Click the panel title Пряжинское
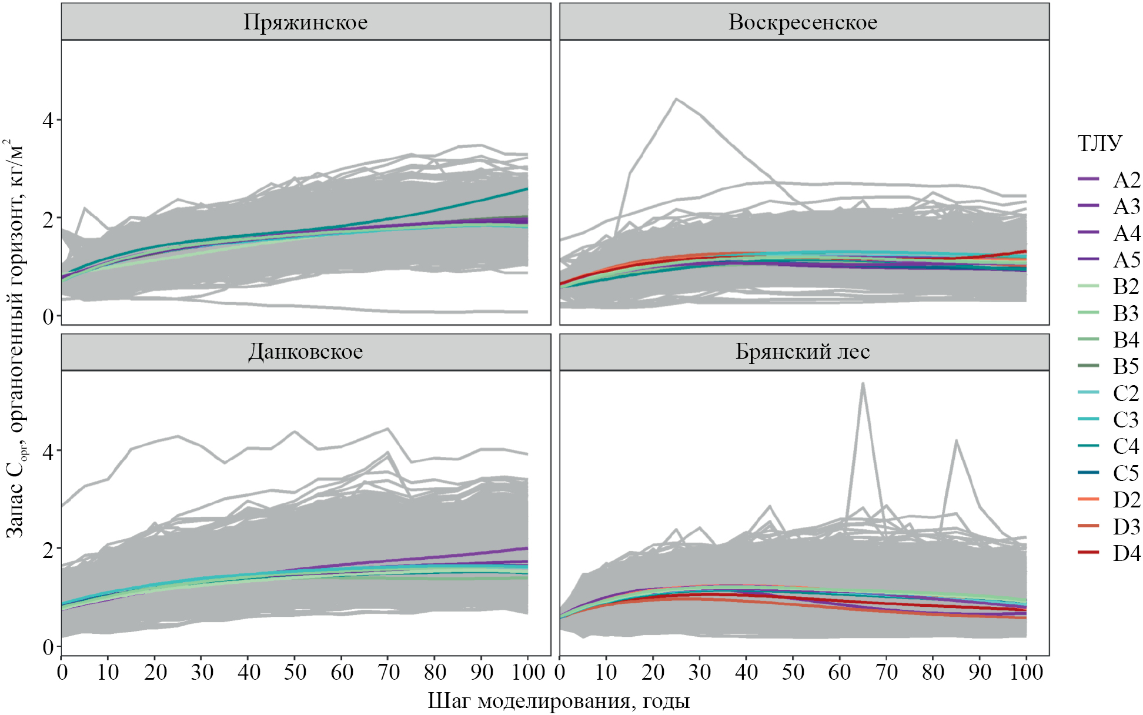point(305,22)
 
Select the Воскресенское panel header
point(803,22)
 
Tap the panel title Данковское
point(305,352)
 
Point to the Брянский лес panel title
point(803,352)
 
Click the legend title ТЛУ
point(1099,143)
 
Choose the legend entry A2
point(1126,180)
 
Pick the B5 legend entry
point(1126,366)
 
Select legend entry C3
point(1126,420)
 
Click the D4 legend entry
point(1126,553)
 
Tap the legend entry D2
point(1126,500)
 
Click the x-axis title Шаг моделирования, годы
point(558,701)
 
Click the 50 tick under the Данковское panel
point(295,672)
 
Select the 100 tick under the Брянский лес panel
point(1026,672)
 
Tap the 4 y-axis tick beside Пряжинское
point(48,121)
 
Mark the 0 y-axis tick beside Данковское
point(48,647)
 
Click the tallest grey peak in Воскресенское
point(677,99)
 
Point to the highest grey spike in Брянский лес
point(863,383)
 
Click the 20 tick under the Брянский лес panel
point(653,672)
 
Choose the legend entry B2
point(1126,286)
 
